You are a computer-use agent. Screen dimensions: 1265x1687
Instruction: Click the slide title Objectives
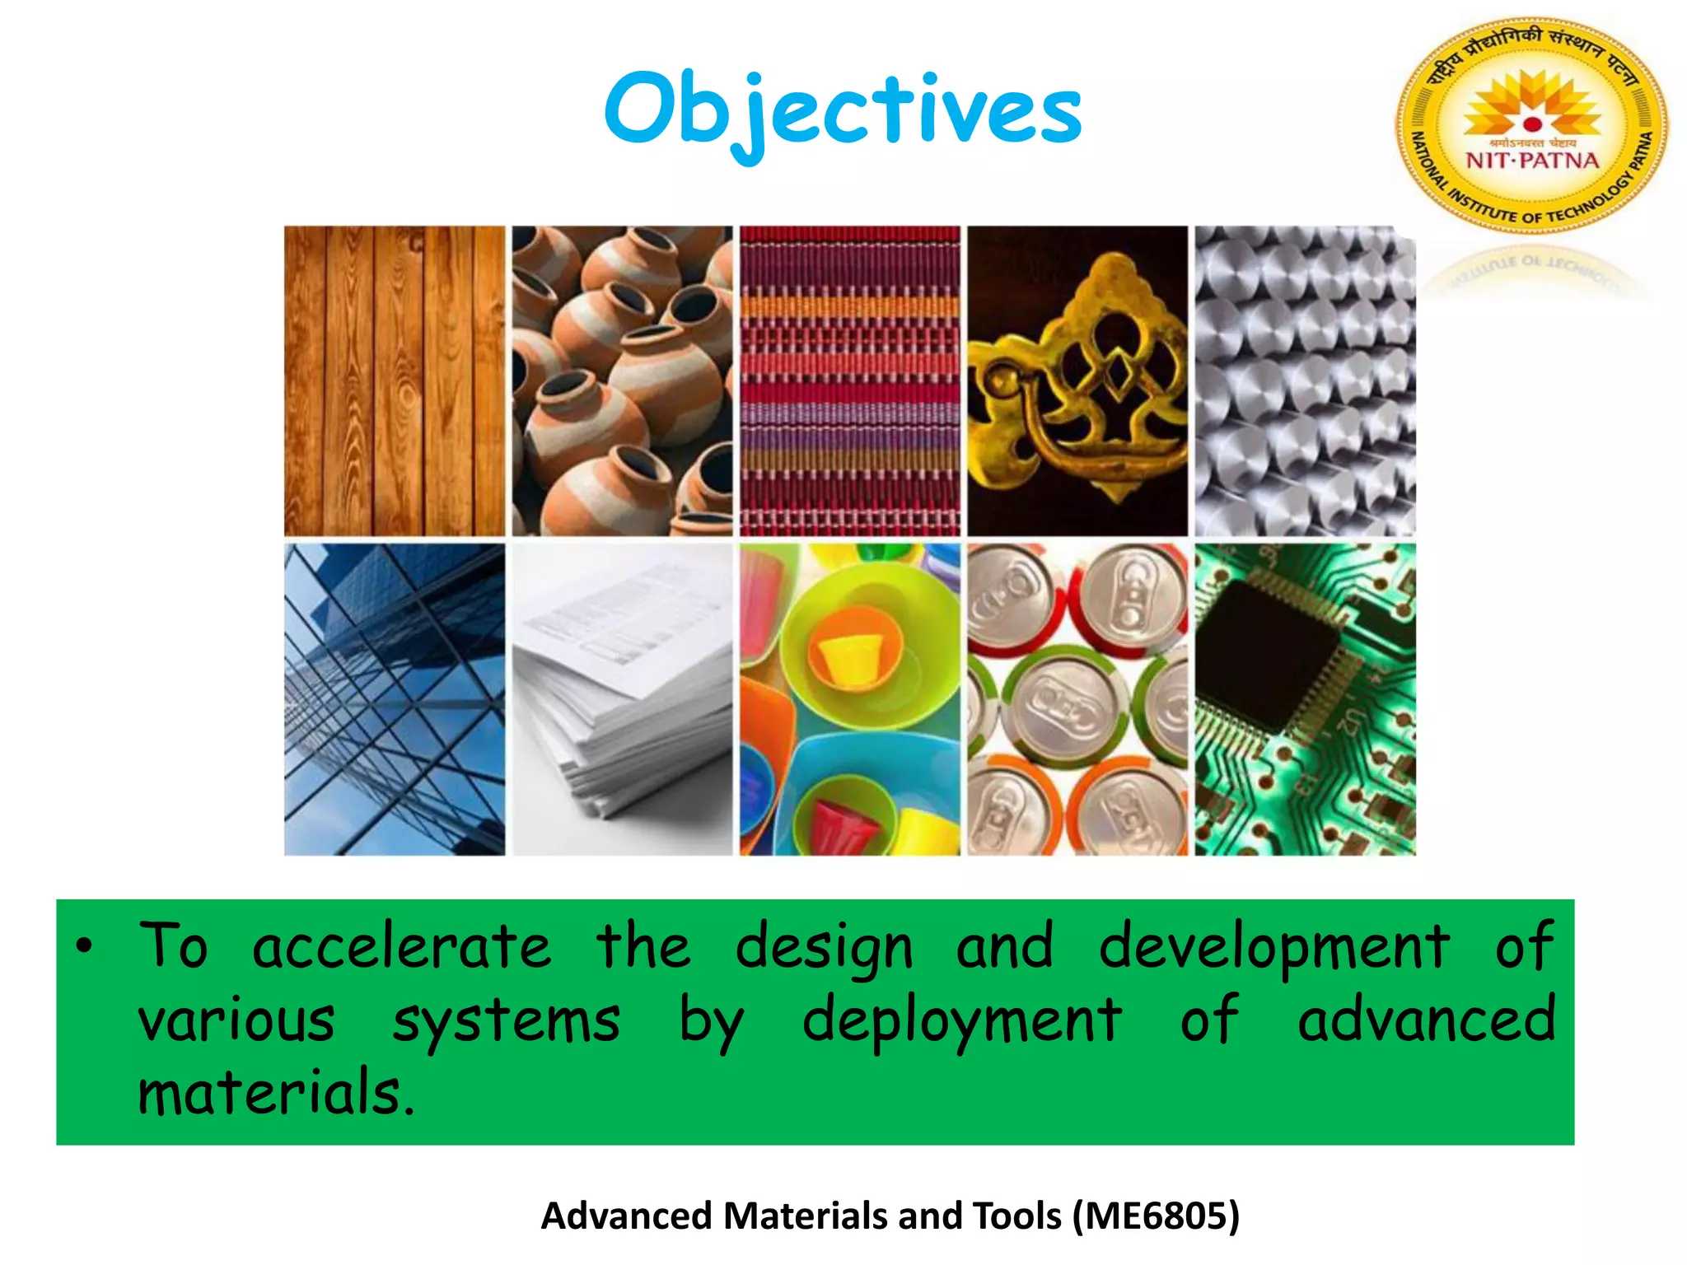click(843, 111)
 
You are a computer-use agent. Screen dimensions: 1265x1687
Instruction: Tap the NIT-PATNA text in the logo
click(1532, 160)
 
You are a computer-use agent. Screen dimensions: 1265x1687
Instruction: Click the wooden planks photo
click(395, 380)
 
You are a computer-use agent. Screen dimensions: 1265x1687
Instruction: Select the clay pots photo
click(622, 380)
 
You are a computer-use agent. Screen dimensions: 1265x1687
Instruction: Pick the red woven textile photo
click(849, 380)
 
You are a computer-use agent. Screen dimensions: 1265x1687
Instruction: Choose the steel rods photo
click(1305, 380)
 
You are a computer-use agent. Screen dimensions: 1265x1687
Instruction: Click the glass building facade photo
click(395, 698)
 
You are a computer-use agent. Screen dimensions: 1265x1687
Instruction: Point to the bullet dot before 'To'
click(83, 948)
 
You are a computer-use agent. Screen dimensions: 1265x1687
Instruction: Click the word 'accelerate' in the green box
click(401, 947)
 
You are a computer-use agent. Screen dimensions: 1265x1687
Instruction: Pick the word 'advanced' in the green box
click(1426, 1020)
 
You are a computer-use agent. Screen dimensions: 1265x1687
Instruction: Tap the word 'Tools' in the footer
click(1016, 1216)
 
